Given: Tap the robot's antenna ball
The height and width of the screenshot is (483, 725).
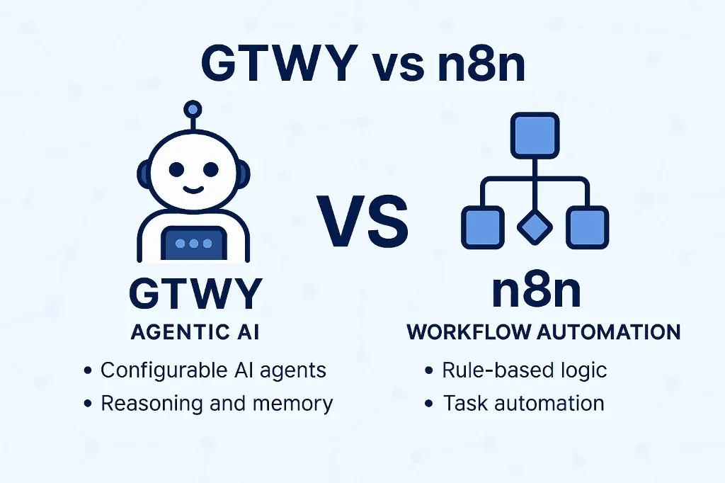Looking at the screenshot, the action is [x=191, y=110].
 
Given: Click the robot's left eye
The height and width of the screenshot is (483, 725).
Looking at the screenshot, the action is [x=174, y=171].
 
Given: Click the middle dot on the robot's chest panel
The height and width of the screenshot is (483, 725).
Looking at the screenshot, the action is [x=193, y=244].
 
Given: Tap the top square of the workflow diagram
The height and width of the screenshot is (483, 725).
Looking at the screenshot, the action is [x=535, y=136].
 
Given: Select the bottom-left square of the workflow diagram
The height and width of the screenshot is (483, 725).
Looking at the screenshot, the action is [x=483, y=227].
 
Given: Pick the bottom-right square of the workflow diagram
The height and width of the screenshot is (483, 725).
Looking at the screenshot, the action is [x=586, y=227].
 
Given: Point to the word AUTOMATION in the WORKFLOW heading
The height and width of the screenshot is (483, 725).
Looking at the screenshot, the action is [x=610, y=332].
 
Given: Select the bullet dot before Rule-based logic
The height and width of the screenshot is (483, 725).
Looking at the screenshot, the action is [x=428, y=370].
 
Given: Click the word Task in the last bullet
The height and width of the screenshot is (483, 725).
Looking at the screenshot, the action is [x=464, y=404].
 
